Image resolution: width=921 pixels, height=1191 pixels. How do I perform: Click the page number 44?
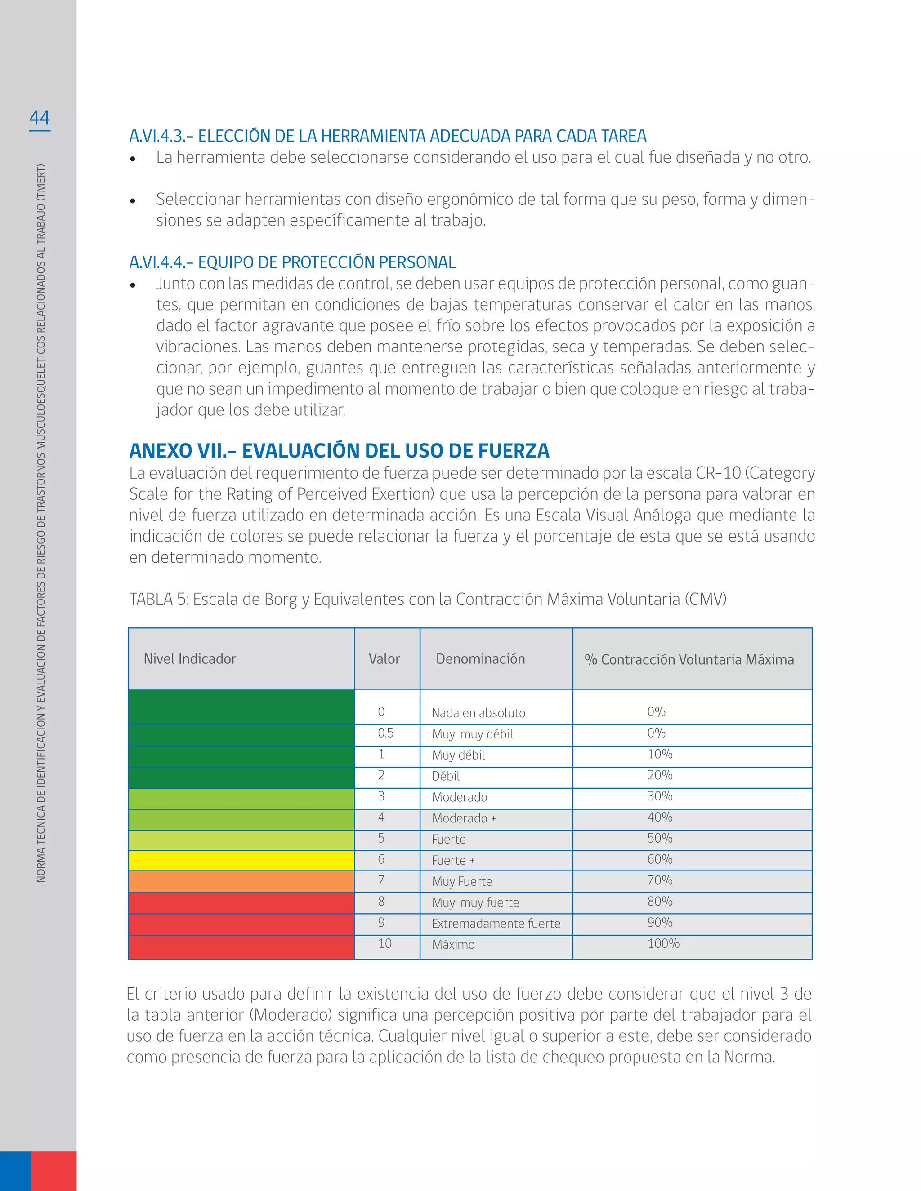(x=39, y=118)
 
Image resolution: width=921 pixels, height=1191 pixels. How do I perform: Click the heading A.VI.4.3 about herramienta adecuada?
(x=387, y=136)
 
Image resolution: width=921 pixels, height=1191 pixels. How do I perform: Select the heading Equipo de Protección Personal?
(x=292, y=262)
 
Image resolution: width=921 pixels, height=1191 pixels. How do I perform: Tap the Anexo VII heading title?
(x=339, y=450)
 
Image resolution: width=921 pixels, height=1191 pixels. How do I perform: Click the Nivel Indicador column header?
(x=190, y=659)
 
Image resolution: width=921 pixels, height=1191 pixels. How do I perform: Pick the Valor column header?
(x=384, y=659)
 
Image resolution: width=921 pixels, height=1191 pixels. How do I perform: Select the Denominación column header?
(x=480, y=659)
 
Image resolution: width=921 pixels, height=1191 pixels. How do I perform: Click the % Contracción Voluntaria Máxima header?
(x=689, y=659)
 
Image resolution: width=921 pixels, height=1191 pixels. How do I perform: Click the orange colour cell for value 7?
(x=241, y=881)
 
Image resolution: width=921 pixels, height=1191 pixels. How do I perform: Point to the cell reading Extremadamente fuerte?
(x=496, y=924)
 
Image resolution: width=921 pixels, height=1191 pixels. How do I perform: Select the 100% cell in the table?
(x=663, y=944)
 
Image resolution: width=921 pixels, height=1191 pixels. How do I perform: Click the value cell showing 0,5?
(x=386, y=733)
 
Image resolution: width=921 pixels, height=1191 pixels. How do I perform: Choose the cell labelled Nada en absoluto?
(x=478, y=713)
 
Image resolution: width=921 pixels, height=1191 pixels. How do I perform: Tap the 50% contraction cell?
(x=660, y=839)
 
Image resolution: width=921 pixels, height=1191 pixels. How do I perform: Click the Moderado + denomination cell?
(x=464, y=818)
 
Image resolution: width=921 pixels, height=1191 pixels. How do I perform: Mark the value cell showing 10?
(x=384, y=944)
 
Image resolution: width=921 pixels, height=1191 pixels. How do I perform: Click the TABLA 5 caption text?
(x=427, y=599)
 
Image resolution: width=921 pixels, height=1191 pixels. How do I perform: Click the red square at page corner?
(x=54, y=1170)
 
